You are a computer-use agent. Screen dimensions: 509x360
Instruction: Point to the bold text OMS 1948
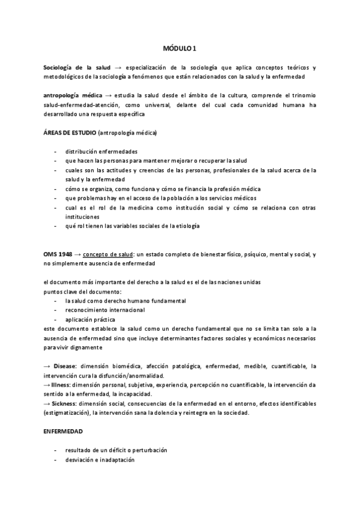point(59,254)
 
